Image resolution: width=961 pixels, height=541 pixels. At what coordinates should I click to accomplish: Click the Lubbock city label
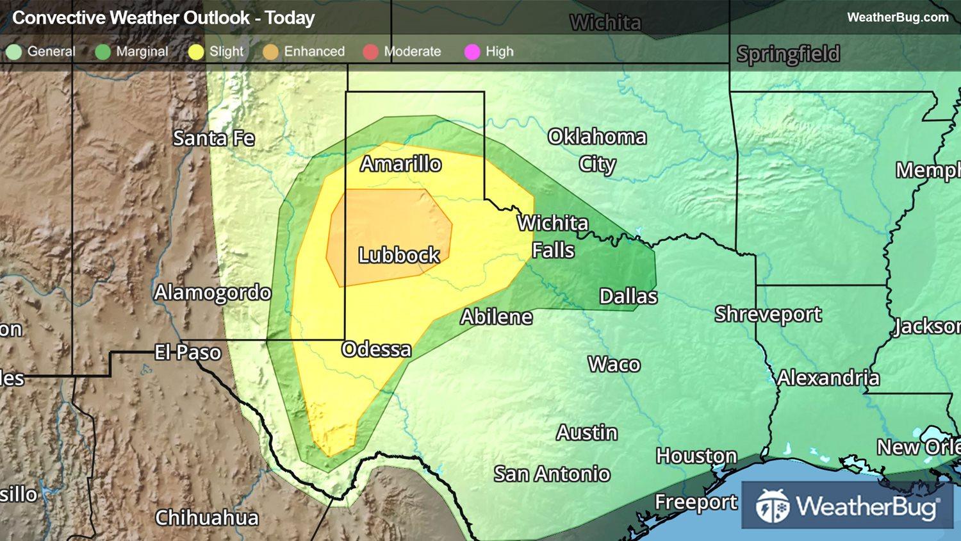[x=398, y=255]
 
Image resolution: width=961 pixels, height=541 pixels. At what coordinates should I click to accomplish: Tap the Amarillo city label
[x=400, y=164]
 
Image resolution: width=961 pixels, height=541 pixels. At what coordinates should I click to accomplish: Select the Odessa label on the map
[x=377, y=349]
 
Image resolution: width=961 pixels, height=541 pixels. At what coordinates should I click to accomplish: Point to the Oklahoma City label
[x=597, y=150]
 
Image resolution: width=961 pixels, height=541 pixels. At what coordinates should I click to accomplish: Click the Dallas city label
[x=628, y=296]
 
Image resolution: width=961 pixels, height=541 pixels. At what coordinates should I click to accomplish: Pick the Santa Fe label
[x=213, y=138]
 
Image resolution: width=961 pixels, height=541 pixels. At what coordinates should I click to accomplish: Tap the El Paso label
[x=188, y=353]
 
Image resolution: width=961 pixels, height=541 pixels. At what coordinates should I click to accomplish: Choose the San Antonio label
[x=552, y=474]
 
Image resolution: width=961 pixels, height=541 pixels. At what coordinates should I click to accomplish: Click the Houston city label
[x=696, y=456]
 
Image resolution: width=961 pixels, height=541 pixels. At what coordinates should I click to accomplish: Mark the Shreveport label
[x=768, y=314]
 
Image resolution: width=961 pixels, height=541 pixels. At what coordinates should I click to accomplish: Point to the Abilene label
[x=497, y=317]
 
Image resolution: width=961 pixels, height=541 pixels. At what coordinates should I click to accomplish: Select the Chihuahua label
[x=207, y=518]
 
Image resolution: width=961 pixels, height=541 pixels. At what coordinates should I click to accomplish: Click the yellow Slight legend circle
[x=196, y=52]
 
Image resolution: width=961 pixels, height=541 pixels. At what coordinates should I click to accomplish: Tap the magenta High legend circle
[x=472, y=52]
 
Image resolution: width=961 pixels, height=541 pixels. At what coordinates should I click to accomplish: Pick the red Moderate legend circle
[x=370, y=52]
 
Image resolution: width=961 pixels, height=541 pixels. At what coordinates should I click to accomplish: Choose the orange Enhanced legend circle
[x=270, y=52]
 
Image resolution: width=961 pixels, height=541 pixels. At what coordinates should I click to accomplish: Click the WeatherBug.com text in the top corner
[x=898, y=17]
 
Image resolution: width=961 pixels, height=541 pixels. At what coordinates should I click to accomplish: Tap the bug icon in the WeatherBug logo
[x=772, y=506]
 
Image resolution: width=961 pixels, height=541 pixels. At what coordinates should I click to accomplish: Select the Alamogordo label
[x=213, y=293]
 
